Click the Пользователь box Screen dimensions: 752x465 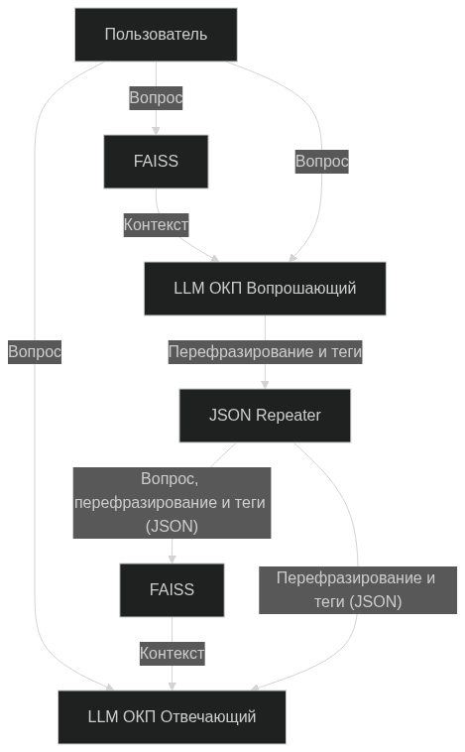coord(156,35)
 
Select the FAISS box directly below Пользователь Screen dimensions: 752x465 coord(156,161)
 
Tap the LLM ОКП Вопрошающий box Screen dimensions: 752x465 coord(265,289)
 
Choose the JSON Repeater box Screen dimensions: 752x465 coord(265,416)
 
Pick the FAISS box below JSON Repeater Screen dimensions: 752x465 coord(172,590)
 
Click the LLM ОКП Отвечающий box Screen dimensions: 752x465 coord(172,716)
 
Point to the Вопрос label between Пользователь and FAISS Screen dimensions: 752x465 coord(156,98)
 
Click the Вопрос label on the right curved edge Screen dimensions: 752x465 coord(322,161)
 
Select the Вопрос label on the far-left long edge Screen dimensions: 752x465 coord(35,351)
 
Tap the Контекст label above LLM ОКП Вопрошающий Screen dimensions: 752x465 coord(156,225)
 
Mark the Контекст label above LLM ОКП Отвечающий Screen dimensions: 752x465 coord(172,653)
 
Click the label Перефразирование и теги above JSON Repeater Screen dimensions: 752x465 coord(265,352)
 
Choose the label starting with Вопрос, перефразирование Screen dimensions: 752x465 coord(172,503)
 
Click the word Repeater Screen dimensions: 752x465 coord(288,416)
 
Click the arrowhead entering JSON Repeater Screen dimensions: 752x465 coord(265,384)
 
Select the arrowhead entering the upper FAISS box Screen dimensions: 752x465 coord(156,130)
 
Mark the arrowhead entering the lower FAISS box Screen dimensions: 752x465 coord(172,559)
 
